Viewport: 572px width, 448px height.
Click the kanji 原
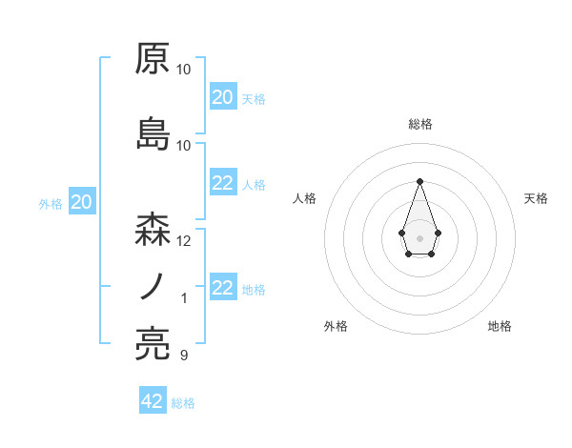click(x=153, y=59)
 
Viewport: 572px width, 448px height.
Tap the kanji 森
click(x=153, y=229)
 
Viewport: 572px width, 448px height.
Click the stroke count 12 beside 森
click(x=184, y=241)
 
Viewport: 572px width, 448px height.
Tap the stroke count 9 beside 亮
click(x=184, y=356)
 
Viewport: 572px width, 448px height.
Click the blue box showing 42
click(x=153, y=401)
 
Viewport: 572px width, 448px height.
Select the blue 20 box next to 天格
click(x=222, y=97)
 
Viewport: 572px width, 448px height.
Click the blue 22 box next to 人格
click(x=222, y=184)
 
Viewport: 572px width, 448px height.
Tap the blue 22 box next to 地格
click(x=222, y=289)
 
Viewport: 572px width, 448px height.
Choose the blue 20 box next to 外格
click(x=82, y=202)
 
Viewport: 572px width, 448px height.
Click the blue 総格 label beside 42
click(x=183, y=403)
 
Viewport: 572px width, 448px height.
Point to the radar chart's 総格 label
click(x=420, y=124)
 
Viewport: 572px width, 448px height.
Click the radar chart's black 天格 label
click(x=537, y=198)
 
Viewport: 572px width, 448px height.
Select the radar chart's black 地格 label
click(x=500, y=326)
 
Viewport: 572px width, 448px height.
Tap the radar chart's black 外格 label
click(x=336, y=326)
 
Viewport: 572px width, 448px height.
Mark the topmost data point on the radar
click(x=419, y=180)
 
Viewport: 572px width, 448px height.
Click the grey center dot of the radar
click(x=419, y=236)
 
